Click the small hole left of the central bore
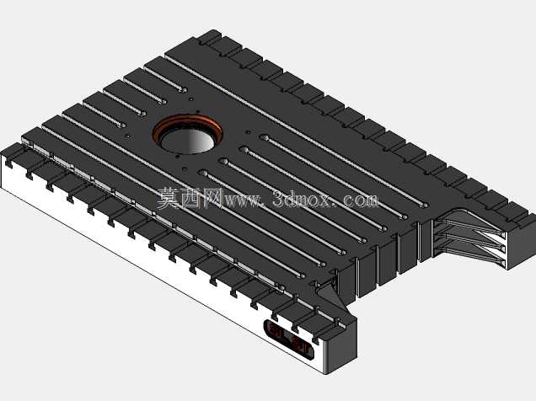(127, 136)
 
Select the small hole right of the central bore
(248, 132)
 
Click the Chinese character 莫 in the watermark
(168, 198)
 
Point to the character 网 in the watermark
(212, 198)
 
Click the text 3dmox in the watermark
(303, 200)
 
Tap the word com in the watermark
(362, 200)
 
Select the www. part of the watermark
(244, 200)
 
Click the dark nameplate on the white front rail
(290, 340)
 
